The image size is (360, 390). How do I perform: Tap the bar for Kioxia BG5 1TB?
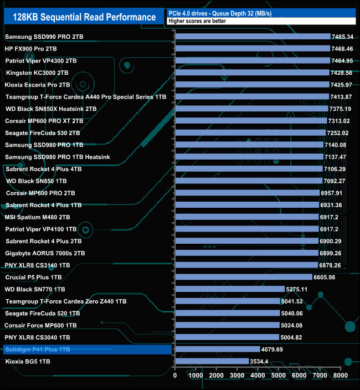point(212,361)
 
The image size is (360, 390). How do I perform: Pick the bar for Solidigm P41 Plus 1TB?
point(217,350)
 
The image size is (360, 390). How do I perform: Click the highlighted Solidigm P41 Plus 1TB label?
point(38,350)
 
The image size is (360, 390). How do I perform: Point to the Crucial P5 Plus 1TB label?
point(33,277)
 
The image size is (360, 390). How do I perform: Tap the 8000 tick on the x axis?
point(340,376)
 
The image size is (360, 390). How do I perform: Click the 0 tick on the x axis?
point(175,376)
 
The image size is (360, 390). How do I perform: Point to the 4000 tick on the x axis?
point(258,376)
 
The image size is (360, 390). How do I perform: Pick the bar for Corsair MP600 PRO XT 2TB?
point(250,121)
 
